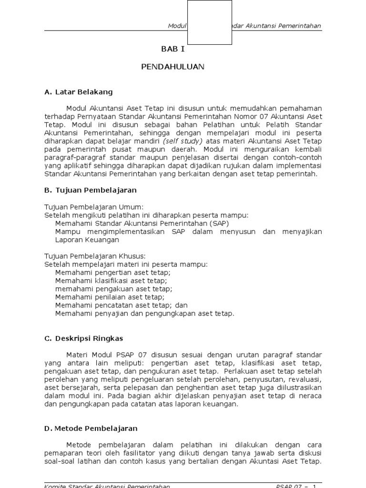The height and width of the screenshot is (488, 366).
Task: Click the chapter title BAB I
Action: click(x=172, y=49)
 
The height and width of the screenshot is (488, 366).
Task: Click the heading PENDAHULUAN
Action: click(x=173, y=67)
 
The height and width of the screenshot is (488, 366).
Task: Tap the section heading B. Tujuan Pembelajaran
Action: click(x=91, y=190)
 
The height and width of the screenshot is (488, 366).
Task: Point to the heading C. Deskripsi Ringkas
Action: click(x=83, y=338)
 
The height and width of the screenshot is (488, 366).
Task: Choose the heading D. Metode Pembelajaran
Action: click(x=91, y=428)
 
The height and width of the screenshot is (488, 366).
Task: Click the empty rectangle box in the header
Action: click(x=210, y=22)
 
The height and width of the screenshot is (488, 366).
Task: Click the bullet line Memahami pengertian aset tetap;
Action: click(x=112, y=273)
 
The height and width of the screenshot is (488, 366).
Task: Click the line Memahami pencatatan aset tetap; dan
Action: click(x=121, y=305)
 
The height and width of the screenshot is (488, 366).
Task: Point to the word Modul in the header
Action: click(x=177, y=26)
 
